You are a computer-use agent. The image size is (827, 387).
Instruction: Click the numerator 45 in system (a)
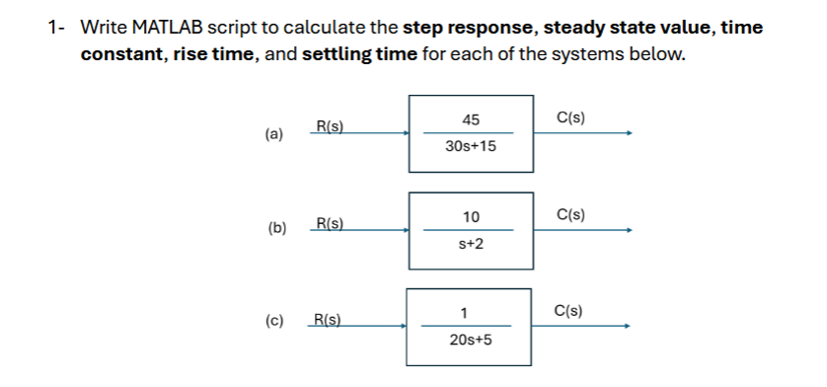click(x=471, y=119)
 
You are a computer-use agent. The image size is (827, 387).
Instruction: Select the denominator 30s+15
click(x=471, y=146)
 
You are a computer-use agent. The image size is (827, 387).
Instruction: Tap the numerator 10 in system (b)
click(x=471, y=216)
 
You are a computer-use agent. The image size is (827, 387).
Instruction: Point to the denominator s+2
click(x=471, y=243)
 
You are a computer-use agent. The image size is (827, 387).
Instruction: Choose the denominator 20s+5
click(x=471, y=340)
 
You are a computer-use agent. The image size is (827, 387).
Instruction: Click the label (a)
click(x=273, y=133)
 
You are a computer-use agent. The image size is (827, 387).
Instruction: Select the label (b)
click(x=277, y=229)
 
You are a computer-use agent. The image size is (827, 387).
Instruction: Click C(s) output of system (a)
click(x=570, y=117)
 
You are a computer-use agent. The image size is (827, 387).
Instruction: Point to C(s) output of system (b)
click(x=570, y=214)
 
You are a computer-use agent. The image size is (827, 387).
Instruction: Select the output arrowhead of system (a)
click(x=627, y=134)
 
